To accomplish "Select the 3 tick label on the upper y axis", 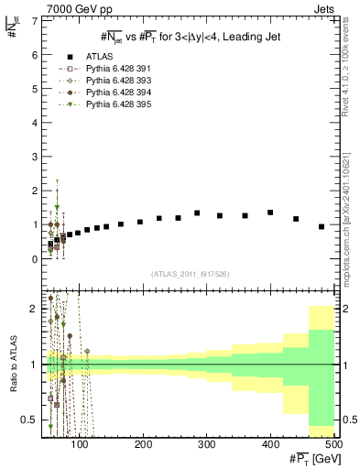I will (34, 157).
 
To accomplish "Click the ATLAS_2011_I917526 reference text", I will (190, 274).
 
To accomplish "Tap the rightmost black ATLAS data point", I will (322, 226).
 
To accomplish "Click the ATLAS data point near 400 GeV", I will (270, 213).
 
